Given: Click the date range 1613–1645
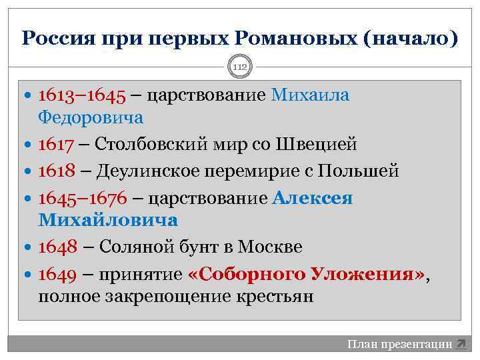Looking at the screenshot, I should click(82, 95).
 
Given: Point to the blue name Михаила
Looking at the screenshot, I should click(310, 95).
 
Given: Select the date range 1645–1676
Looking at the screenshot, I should click(82, 199).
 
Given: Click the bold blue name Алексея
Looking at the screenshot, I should click(313, 199).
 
